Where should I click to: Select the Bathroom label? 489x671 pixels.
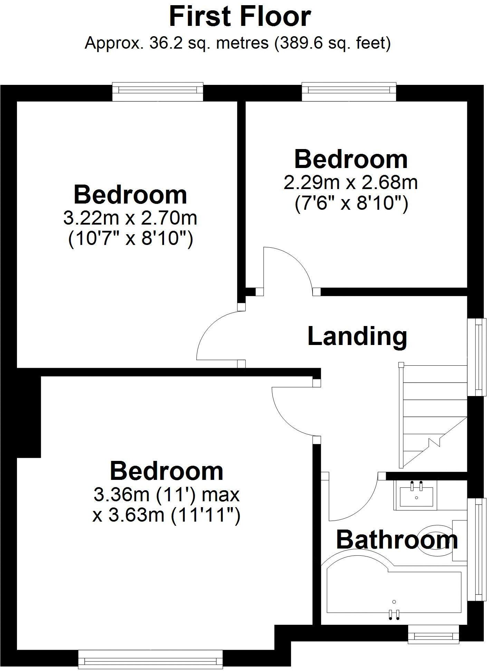pyautogui.click(x=397, y=540)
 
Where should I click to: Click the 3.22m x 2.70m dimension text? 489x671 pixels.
pyautogui.click(x=130, y=218)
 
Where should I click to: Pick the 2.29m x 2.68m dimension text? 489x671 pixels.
pyautogui.click(x=351, y=182)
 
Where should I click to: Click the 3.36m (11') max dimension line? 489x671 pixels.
pyautogui.click(x=166, y=495)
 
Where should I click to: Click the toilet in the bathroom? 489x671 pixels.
pyautogui.click(x=439, y=540)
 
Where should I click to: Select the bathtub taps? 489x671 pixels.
pyautogui.click(x=394, y=614)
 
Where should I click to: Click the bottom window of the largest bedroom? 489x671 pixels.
pyautogui.click(x=150, y=660)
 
